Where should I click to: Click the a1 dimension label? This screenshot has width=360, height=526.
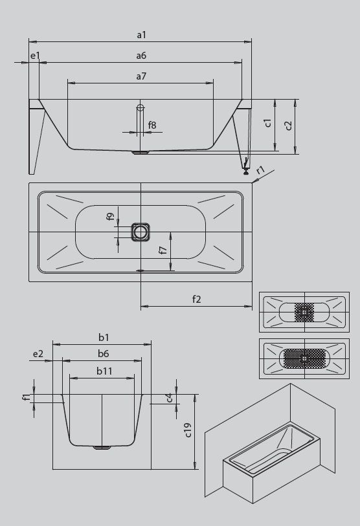pyautogui.click(x=141, y=35)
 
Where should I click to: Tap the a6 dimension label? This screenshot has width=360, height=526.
pyautogui.click(x=141, y=56)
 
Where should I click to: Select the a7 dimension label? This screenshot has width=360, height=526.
pyautogui.click(x=141, y=76)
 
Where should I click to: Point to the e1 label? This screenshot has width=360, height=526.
pyautogui.click(x=35, y=56)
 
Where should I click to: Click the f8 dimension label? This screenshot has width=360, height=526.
pyautogui.click(x=152, y=125)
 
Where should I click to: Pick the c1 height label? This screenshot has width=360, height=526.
pyautogui.click(x=267, y=122)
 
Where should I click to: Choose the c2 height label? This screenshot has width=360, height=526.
pyautogui.click(x=287, y=125)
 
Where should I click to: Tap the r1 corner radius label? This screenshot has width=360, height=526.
pyautogui.click(x=261, y=170)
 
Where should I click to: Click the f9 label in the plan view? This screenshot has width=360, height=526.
pyautogui.click(x=111, y=217)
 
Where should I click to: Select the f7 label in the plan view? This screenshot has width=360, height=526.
pyautogui.click(x=163, y=250)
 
